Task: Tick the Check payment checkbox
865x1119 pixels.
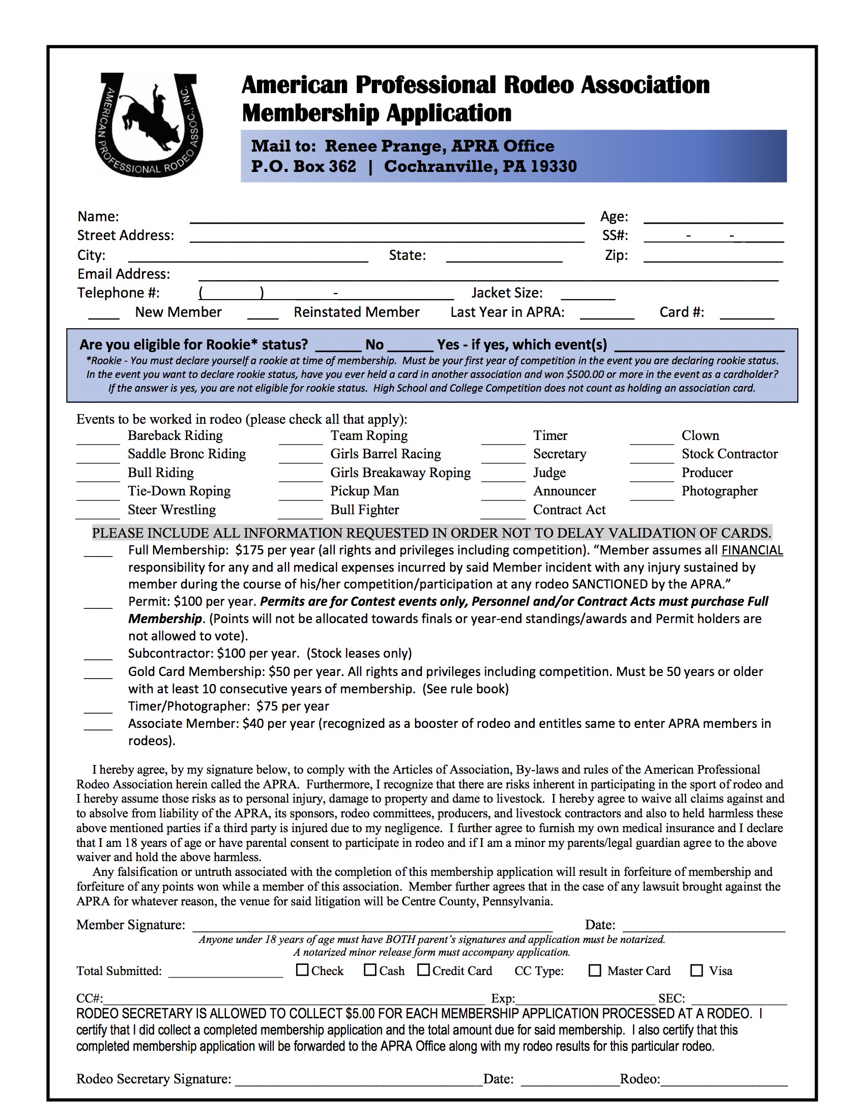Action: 302,970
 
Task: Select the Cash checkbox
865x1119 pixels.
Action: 370,970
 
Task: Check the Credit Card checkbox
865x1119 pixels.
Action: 423,970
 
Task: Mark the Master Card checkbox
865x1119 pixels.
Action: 594,970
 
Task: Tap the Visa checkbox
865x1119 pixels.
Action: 697,970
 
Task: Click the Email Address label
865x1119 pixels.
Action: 124,274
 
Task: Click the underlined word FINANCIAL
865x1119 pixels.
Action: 752,550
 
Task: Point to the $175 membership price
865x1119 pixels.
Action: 249,550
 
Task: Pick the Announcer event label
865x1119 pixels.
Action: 564,491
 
